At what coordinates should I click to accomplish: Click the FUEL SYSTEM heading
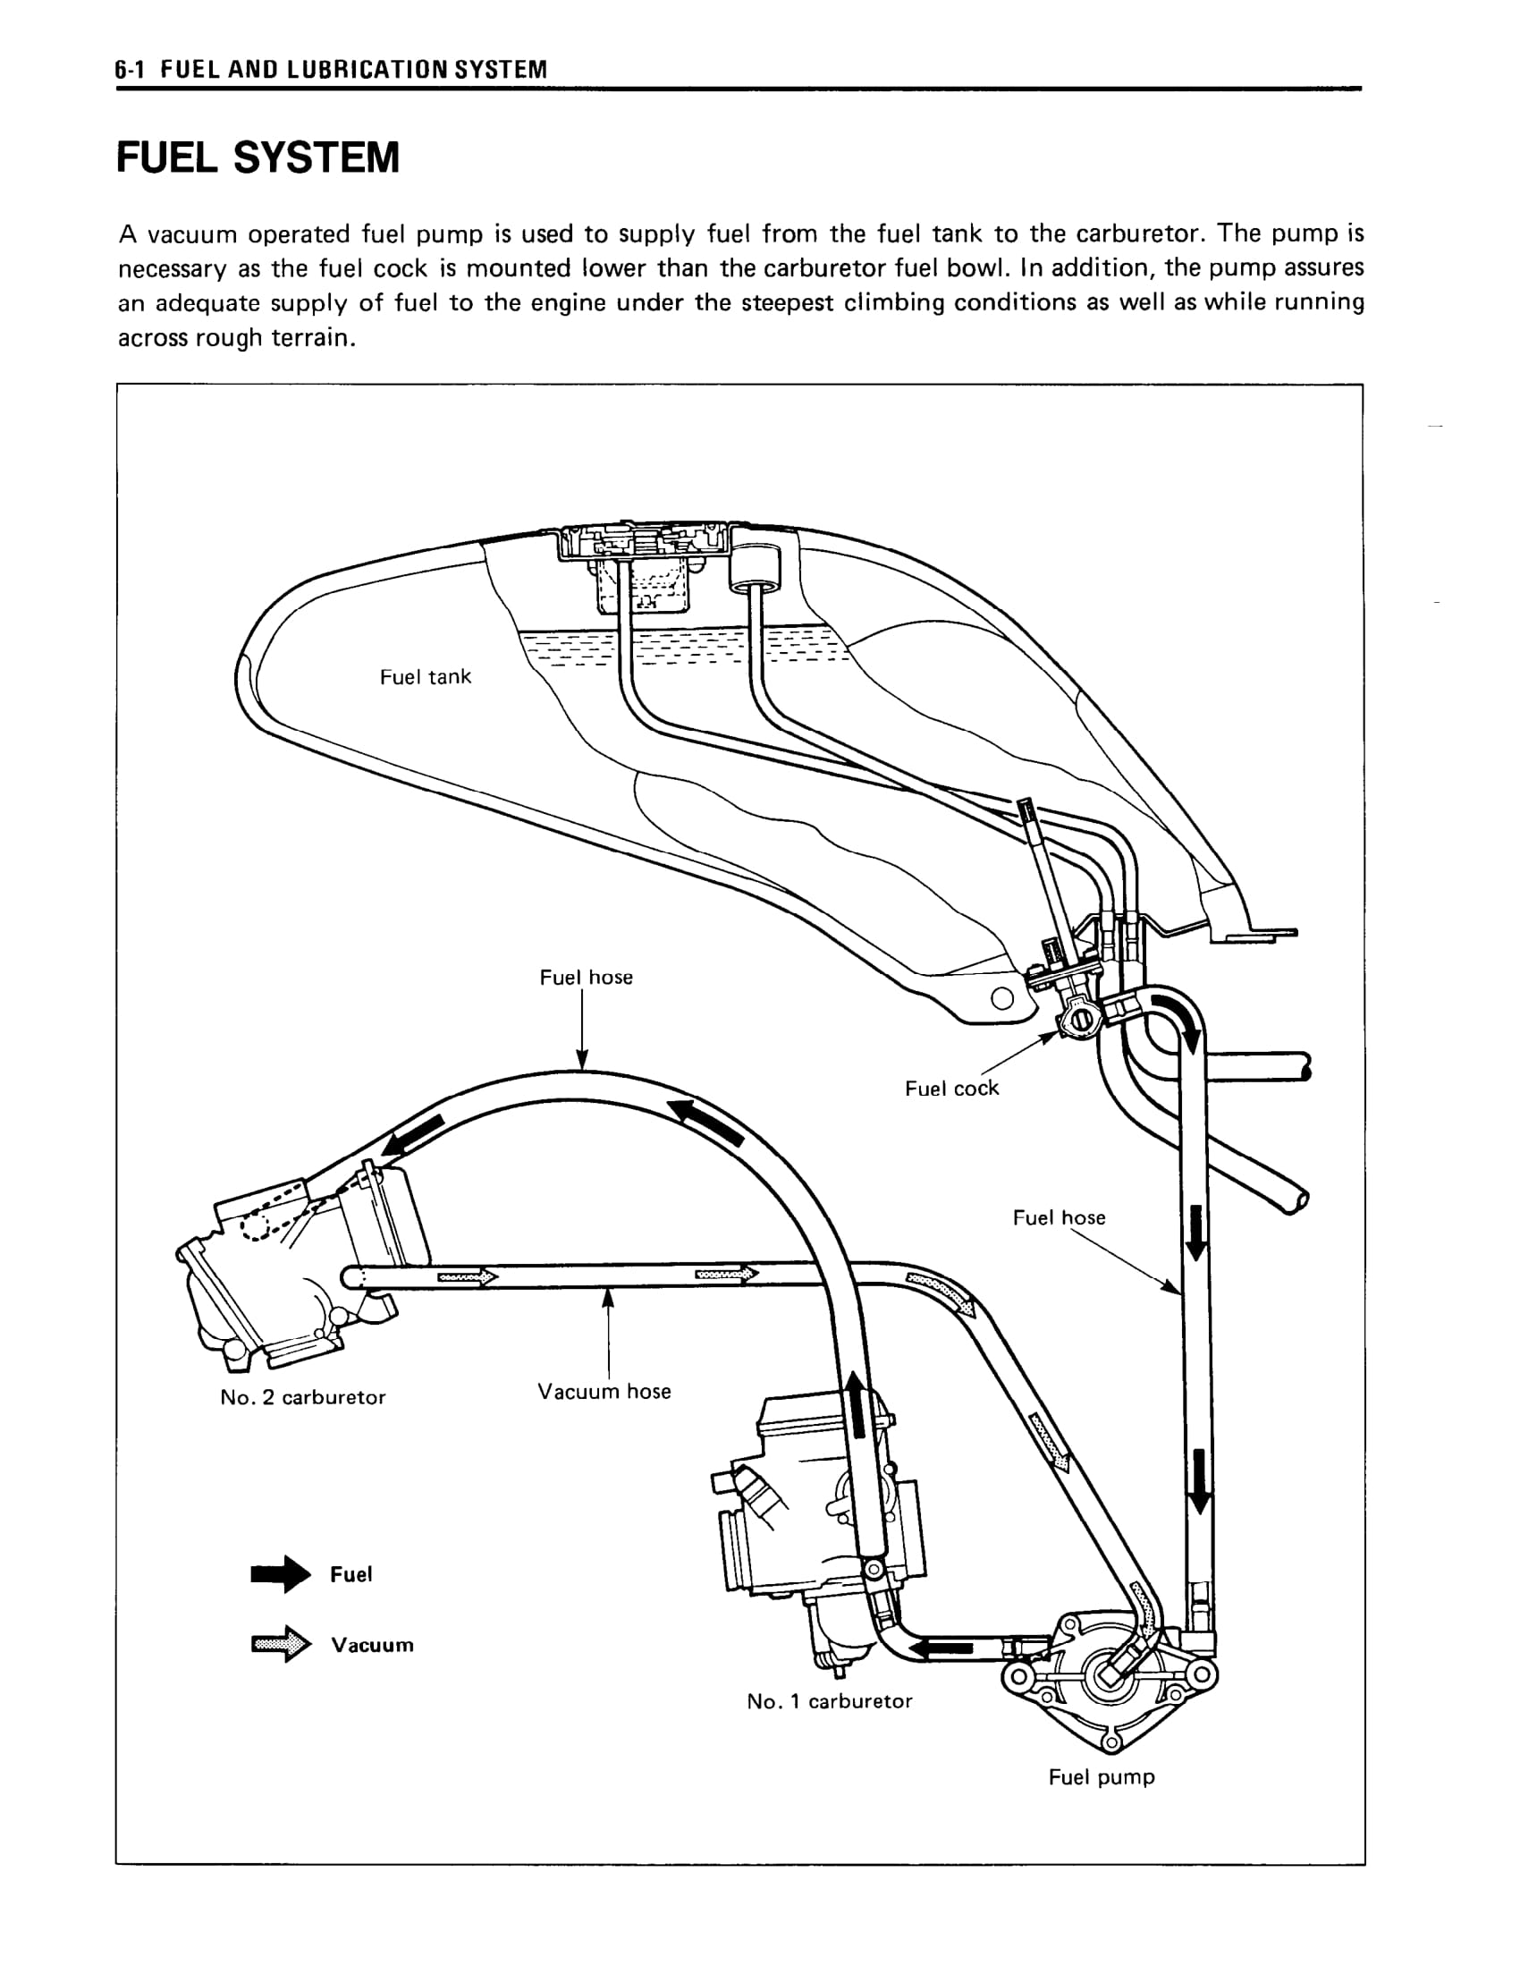(258, 158)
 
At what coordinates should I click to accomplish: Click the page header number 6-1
(131, 69)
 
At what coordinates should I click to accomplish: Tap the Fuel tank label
(425, 677)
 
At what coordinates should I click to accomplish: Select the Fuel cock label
(951, 1089)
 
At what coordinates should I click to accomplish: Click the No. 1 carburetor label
(829, 1701)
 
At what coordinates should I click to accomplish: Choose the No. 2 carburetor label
(302, 1397)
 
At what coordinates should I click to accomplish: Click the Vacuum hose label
(604, 1391)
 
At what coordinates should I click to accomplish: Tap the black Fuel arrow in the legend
(280, 1574)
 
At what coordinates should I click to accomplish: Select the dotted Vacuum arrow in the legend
(280, 1645)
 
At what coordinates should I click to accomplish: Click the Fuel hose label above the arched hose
(586, 978)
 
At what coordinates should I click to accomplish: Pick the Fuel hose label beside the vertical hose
(1059, 1218)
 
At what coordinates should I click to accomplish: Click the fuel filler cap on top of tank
(644, 543)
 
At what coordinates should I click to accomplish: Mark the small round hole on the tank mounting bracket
(1001, 999)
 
